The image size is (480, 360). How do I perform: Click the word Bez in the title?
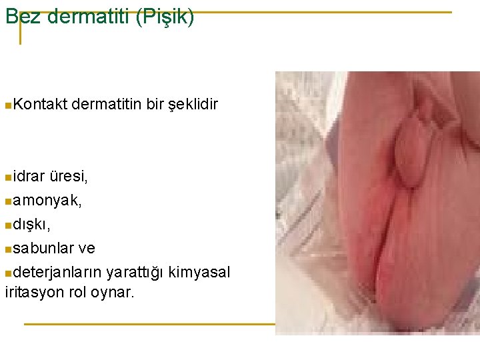click(22, 17)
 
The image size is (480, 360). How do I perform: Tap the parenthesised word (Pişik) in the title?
click(165, 17)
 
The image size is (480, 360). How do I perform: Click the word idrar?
click(29, 177)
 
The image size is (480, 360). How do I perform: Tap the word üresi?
click(69, 177)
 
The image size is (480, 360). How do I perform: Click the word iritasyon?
click(33, 292)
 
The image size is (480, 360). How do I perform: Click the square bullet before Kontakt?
click(7, 105)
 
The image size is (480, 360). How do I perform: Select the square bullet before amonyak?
click(7, 201)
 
